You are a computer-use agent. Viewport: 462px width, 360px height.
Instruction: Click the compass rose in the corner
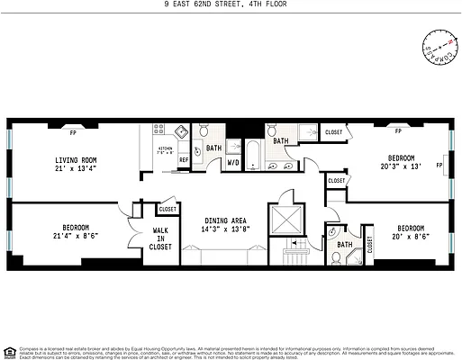click(436, 45)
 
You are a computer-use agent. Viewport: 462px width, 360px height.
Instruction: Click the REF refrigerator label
click(183, 160)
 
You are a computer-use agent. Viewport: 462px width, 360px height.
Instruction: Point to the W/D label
click(232, 163)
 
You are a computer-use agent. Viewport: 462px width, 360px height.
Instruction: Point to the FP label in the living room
click(73, 132)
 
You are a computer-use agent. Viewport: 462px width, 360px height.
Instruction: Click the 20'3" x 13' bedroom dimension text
click(400, 166)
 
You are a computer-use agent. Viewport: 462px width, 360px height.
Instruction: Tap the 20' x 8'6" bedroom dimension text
click(411, 236)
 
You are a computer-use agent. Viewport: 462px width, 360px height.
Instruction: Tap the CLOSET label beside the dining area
click(168, 210)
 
